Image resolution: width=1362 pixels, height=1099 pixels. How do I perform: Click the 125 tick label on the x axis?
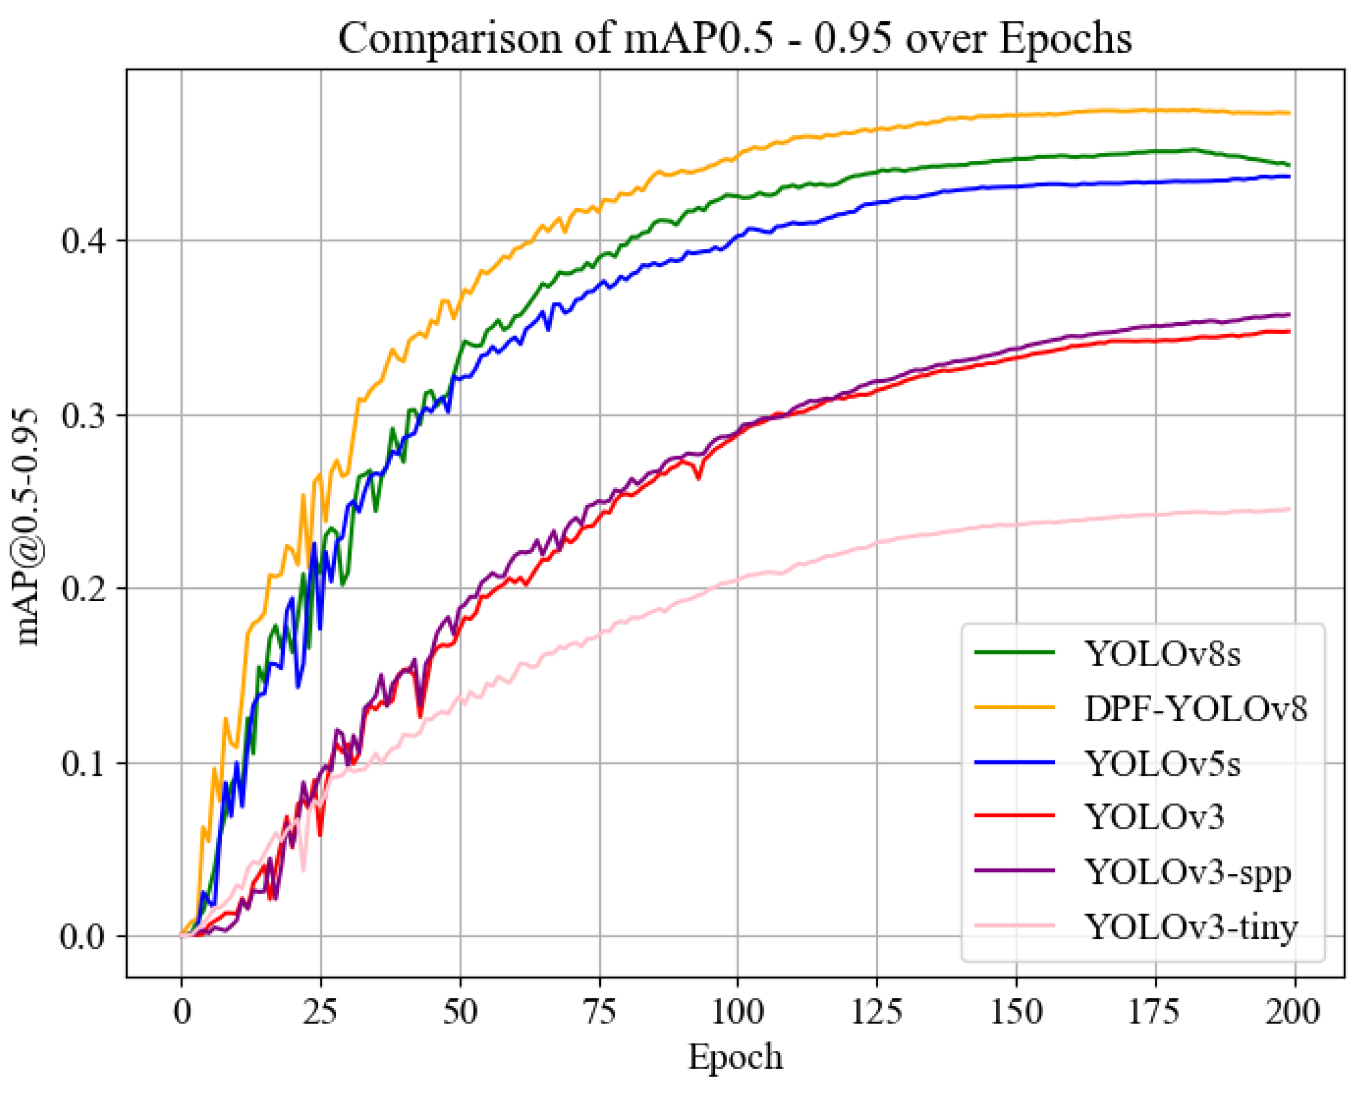877,1011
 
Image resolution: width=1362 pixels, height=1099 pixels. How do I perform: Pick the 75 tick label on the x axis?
599,1011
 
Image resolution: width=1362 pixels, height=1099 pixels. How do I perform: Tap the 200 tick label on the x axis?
1293,1011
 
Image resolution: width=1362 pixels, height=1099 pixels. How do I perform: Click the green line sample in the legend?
1014,653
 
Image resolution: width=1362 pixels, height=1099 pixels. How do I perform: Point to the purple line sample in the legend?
1014,871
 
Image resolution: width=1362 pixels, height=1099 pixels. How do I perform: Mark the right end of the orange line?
1289,113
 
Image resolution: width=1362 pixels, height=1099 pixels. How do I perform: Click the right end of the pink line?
1289,509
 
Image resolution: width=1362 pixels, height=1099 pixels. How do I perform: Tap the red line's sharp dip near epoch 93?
698,479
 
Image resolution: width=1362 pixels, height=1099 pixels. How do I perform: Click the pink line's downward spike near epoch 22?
304,871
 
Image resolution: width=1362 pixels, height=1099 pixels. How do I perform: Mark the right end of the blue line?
1289,177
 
